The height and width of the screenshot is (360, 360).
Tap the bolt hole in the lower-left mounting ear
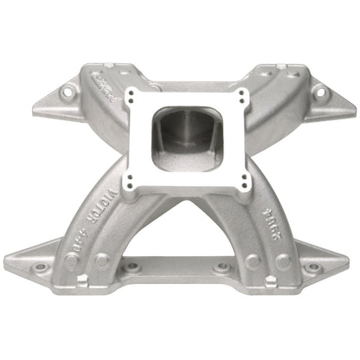(32, 257)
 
